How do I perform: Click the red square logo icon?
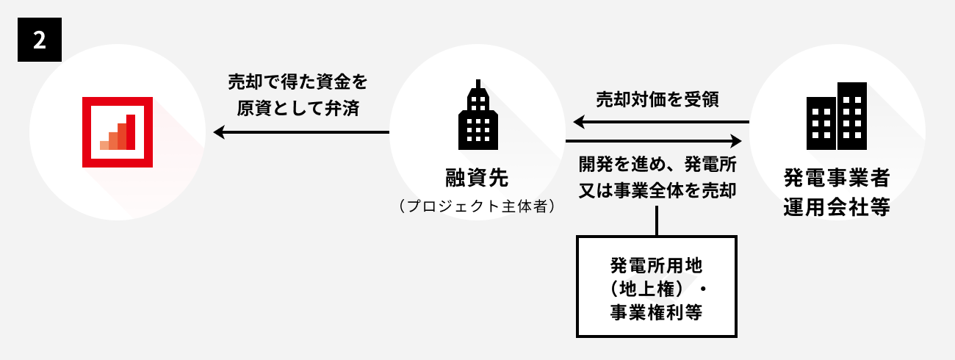[x=118, y=132]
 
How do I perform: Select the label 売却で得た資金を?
[x=298, y=81]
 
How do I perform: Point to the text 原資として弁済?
[x=298, y=108]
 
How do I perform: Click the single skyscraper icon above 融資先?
[x=478, y=114]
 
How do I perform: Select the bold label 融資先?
[x=477, y=178]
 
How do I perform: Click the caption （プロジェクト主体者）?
[x=477, y=206]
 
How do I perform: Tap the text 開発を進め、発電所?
[x=657, y=163]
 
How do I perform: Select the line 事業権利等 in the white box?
[x=656, y=312]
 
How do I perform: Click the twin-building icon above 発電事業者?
[x=837, y=114]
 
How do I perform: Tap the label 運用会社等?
[x=837, y=206]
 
